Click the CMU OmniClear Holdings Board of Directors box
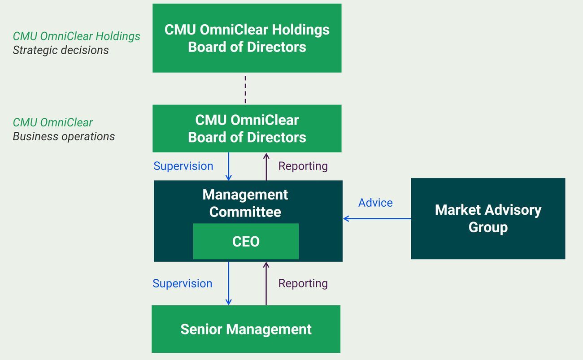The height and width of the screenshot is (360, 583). (x=247, y=38)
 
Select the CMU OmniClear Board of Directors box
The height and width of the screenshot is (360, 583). (x=247, y=129)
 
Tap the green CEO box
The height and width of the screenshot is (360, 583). (x=246, y=242)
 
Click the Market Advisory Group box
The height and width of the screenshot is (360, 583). (x=488, y=218)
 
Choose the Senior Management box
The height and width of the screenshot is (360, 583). (x=246, y=329)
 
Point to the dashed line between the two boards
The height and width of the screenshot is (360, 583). (x=245, y=89)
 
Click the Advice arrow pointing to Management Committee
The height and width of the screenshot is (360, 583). (x=377, y=219)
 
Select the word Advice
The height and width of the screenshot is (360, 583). (x=375, y=203)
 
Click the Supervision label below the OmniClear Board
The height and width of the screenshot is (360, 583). (x=183, y=166)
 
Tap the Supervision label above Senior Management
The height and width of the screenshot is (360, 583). (x=182, y=283)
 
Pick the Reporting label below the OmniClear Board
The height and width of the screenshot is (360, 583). (x=303, y=166)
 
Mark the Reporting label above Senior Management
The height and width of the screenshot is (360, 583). (x=303, y=283)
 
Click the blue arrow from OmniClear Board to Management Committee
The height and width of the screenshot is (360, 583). (x=229, y=166)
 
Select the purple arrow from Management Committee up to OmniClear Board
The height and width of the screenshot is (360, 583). (x=266, y=166)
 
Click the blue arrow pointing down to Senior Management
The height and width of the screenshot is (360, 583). (x=229, y=283)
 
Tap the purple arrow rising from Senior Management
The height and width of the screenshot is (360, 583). (x=266, y=283)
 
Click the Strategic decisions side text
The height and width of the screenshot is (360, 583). (x=61, y=50)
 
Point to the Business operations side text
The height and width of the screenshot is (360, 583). (x=64, y=136)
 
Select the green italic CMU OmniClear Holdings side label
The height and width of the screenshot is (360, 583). (x=76, y=36)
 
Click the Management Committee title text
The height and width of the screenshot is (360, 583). (x=245, y=203)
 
